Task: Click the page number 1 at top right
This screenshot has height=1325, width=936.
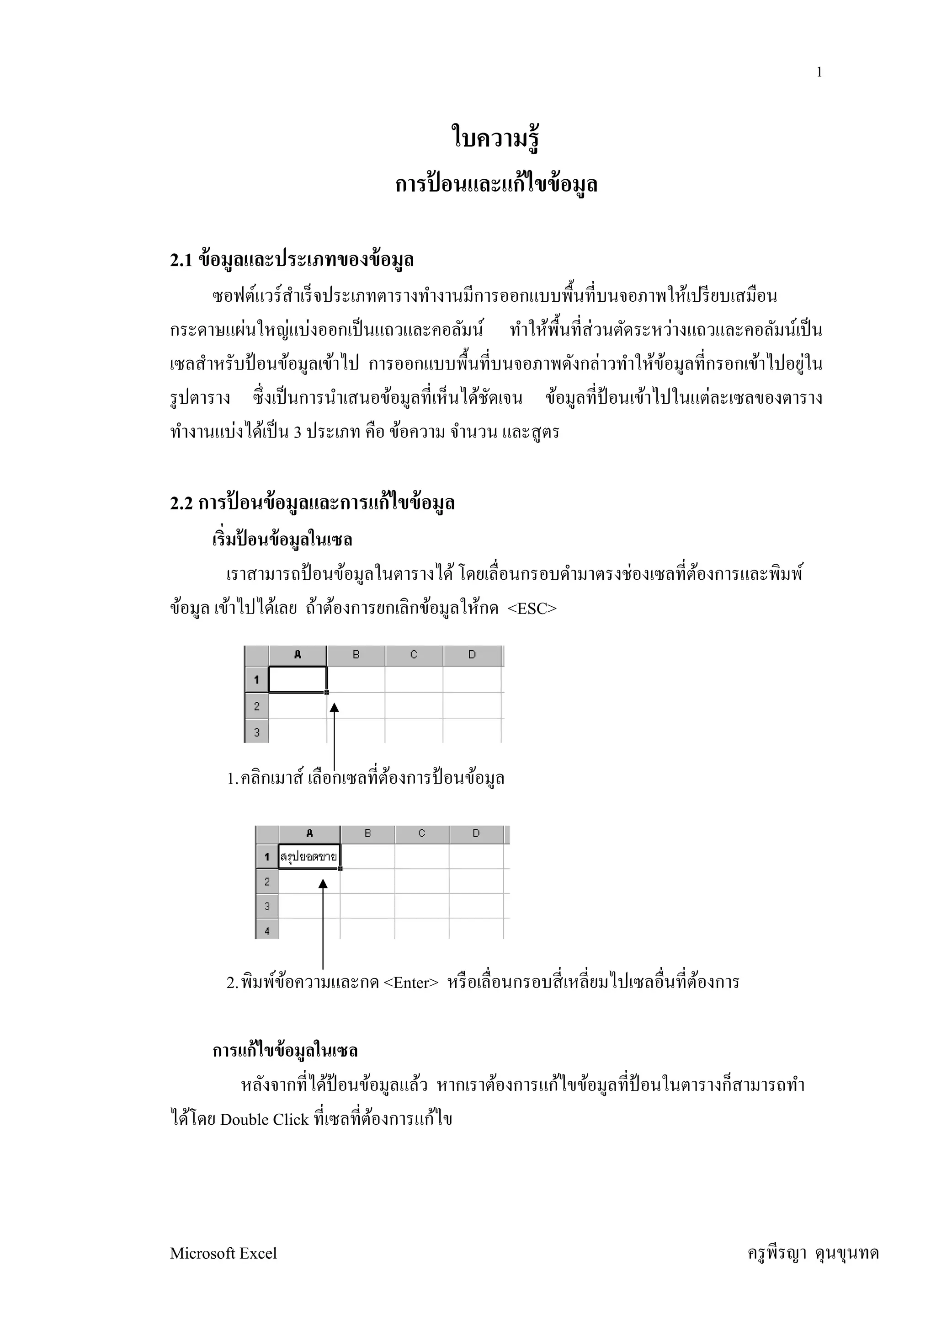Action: (x=819, y=73)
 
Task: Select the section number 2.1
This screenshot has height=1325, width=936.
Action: (x=181, y=260)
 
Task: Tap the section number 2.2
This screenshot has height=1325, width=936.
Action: (x=181, y=503)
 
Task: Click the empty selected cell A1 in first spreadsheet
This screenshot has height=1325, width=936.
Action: (x=298, y=679)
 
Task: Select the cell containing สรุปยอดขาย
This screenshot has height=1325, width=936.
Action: (x=309, y=856)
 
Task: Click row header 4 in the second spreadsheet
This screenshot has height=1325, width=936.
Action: (x=267, y=930)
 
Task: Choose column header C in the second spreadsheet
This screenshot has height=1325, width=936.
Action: (x=421, y=833)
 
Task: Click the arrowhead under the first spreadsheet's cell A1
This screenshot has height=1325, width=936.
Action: (x=334, y=707)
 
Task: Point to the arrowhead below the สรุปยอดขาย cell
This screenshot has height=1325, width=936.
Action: (x=323, y=883)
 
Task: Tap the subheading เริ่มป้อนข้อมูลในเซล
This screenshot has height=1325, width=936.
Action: (x=282, y=540)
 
